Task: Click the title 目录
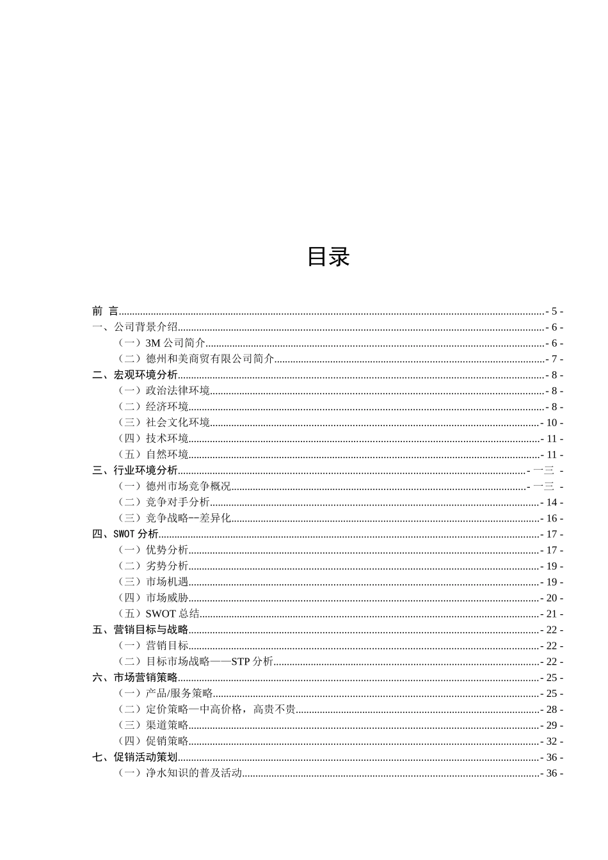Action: tap(328, 257)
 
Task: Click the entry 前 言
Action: tap(106, 312)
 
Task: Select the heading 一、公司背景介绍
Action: tap(135, 328)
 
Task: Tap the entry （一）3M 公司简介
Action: tap(161, 344)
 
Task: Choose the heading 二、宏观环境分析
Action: tap(135, 375)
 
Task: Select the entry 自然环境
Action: tap(154, 455)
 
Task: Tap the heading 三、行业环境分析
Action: tap(135, 471)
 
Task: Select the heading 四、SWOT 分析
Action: tap(125, 534)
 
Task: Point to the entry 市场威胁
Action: tap(154, 598)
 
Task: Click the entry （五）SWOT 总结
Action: tap(159, 614)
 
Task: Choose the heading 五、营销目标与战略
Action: tap(140, 630)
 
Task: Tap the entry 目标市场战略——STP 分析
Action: tap(196, 662)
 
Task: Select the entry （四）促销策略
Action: tap(154, 742)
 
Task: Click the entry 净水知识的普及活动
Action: tap(180, 773)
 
